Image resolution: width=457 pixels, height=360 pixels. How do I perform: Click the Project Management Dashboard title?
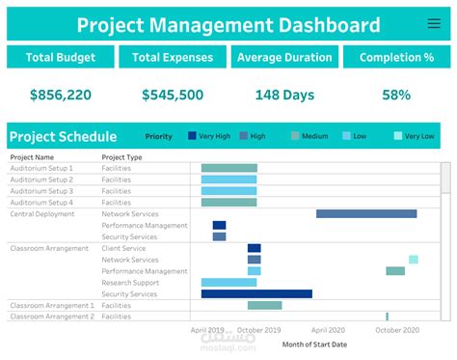[228, 24]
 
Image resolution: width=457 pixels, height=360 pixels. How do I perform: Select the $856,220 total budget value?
[60, 96]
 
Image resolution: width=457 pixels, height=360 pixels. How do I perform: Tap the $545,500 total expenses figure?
[173, 96]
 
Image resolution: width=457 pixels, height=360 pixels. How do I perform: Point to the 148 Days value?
[284, 96]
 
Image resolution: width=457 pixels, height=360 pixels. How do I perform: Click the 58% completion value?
[395, 96]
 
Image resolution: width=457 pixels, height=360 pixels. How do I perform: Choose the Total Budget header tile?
[60, 57]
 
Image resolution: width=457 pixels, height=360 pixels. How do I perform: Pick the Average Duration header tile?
[284, 57]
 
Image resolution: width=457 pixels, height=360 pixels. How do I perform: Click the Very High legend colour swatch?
[193, 136]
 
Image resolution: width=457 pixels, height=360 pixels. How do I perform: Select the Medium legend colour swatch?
[295, 136]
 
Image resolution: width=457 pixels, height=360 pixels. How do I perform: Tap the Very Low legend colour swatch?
[397, 136]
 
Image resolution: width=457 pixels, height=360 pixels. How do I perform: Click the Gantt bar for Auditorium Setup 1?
[228, 168]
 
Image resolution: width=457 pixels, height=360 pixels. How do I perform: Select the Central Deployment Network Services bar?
[366, 213]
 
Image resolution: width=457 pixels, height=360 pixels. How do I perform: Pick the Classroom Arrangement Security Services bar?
[256, 293]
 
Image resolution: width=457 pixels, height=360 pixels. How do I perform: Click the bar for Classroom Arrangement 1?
[264, 305]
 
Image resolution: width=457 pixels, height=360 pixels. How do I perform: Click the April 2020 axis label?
[336, 329]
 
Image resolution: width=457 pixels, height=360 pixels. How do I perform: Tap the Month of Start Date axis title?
[314, 344]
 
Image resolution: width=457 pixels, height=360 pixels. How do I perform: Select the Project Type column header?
[121, 156]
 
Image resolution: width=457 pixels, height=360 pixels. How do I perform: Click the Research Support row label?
[130, 283]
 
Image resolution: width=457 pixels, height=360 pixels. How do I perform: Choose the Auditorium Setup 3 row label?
[41, 191]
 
